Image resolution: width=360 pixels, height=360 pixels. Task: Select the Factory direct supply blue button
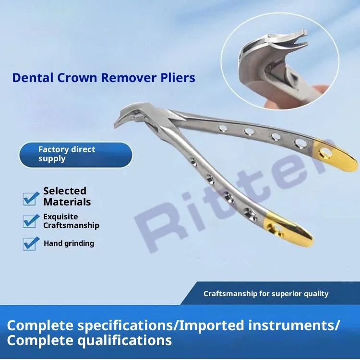pos(75,155)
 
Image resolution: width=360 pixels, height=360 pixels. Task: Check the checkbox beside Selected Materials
pos(31,197)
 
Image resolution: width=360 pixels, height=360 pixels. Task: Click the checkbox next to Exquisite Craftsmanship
pos(31,220)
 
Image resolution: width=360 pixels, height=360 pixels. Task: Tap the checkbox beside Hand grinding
pos(31,243)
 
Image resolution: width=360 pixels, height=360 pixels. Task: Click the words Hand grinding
pos(69,243)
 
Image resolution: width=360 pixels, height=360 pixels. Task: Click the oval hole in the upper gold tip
pos(327,153)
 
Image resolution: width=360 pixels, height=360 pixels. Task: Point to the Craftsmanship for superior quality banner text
pos(266,294)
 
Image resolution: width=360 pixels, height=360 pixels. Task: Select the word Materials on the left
pos(67,202)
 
